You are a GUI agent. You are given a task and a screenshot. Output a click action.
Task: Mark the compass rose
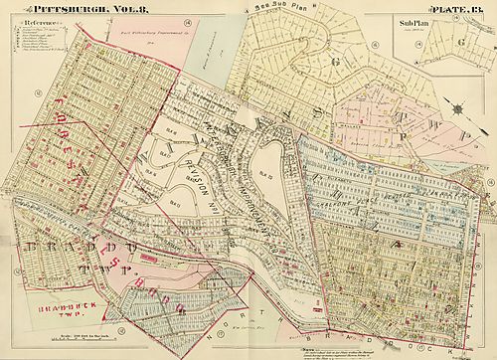point(458,107)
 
